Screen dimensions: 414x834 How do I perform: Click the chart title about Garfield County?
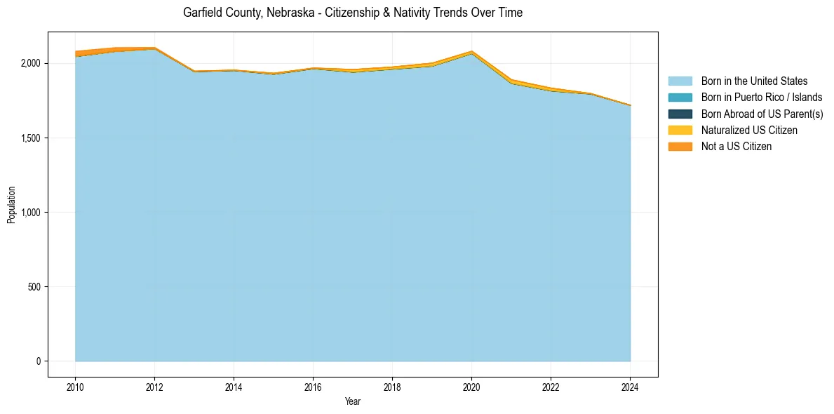coord(352,13)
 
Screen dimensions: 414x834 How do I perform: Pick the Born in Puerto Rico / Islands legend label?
coord(761,98)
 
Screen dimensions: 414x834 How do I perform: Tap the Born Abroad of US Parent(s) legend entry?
coord(762,114)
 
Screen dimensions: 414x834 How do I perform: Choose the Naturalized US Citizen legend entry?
coord(749,130)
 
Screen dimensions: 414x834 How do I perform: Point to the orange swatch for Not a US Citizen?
coord(680,146)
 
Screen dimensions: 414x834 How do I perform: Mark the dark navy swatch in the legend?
coord(680,114)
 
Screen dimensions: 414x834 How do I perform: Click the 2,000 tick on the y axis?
coord(30,63)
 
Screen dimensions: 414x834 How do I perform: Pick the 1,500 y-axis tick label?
coord(30,138)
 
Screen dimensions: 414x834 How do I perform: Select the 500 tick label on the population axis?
coord(34,287)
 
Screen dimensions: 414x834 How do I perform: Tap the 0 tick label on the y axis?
coord(39,361)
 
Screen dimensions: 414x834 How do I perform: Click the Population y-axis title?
coord(11,204)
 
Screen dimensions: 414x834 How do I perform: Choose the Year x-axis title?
coord(353,401)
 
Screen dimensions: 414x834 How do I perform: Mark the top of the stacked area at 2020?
coord(471,51)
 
